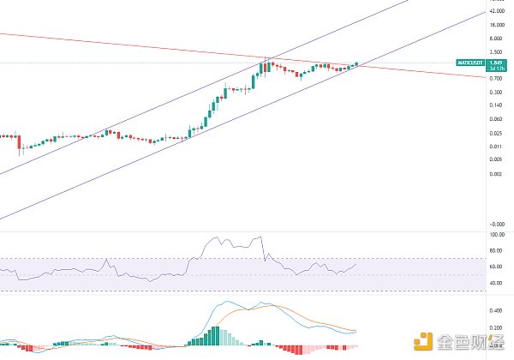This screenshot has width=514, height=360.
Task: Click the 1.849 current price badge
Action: point(495,61)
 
